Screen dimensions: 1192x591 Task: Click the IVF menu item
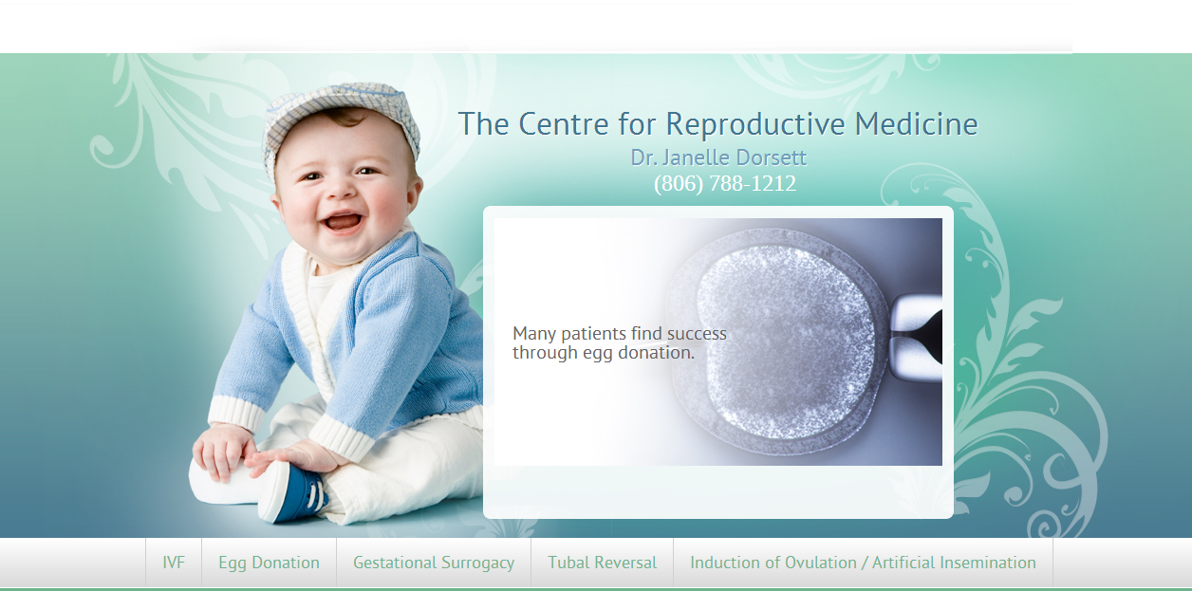[174, 563]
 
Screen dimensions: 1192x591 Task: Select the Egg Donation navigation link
[269, 563]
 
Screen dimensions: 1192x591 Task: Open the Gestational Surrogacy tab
[434, 563]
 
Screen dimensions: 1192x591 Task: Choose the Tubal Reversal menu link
[602, 563]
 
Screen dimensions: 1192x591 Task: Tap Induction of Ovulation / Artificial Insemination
[863, 563]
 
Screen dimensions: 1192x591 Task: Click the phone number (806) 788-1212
[725, 183]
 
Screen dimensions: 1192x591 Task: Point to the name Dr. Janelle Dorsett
[718, 157]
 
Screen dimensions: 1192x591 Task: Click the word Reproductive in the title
[755, 124]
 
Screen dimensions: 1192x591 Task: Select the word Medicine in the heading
[917, 124]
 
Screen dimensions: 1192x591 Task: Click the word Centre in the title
[564, 124]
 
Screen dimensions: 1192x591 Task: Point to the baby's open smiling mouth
[343, 222]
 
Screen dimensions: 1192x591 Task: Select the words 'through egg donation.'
[604, 353]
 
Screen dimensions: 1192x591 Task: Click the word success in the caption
[697, 334]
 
